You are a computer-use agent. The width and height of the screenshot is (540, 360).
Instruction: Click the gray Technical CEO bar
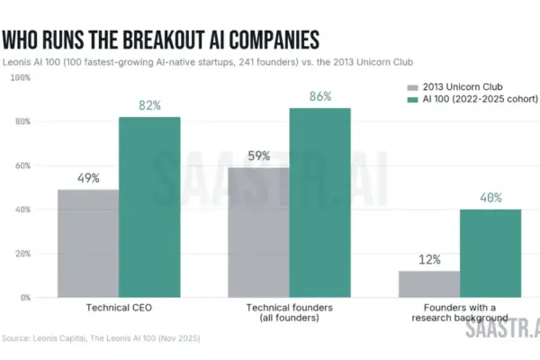tap(88, 243)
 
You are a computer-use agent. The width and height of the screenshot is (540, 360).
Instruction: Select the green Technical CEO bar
tap(149, 207)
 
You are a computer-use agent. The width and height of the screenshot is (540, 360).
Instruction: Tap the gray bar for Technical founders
tap(258, 232)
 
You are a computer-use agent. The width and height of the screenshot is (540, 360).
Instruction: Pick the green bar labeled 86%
tap(319, 202)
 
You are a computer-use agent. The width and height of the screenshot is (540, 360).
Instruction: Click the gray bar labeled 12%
tap(429, 284)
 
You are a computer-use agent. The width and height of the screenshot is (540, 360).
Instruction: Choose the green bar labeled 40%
tap(490, 253)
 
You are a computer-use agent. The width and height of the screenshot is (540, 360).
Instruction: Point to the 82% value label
tap(149, 105)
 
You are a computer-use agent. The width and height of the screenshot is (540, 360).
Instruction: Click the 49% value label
tap(88, 178)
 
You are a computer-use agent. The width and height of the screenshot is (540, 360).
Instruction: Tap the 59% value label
tap(259, 156)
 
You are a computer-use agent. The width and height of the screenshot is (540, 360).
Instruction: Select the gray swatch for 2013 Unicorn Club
tap(412, 87)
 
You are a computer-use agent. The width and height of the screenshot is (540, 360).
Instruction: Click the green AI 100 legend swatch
tap(412, 100)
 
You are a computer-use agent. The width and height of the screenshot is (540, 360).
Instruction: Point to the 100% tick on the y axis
tap(21, 77)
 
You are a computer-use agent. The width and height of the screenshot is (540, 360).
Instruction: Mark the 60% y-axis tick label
tap(22, 166)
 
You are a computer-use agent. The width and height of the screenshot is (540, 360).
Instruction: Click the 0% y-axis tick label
tap(25, 298)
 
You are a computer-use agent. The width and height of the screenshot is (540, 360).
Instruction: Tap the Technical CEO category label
tap(119, 308)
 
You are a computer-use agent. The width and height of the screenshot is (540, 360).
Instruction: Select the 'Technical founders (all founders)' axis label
tap(289, 312)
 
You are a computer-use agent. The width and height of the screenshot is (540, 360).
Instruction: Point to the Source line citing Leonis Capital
tap(101, 338)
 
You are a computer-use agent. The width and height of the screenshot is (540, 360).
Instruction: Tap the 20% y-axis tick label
tap(22, 254)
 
